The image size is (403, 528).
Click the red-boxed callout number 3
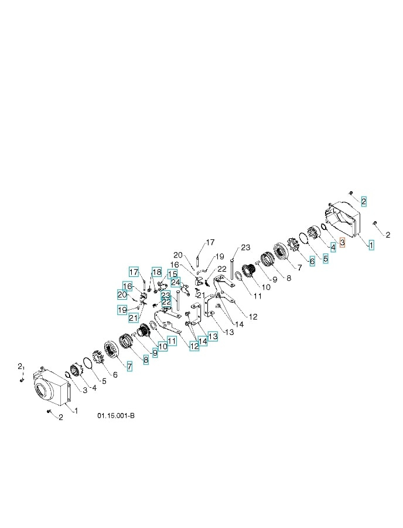tap(343, 241)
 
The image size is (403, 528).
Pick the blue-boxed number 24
tap(175, 283)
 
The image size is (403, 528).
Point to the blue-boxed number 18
tap(156, 272)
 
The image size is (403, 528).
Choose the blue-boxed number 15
tap(172, 274)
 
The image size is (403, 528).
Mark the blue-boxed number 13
tap(213, 336)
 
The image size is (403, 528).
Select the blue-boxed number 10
tap(162, 347)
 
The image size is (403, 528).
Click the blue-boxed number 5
tap(325, 258)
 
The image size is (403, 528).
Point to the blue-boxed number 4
tap(333, 248)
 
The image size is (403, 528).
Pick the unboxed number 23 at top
tap(245, 247)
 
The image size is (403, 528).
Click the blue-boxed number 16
tap(127, 285)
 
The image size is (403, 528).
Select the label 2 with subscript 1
tap(21, 366)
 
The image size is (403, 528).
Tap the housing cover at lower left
tap(53, 389)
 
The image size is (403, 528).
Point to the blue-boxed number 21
tap(134, 317)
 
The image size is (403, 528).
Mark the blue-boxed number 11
tap(172, 341)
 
